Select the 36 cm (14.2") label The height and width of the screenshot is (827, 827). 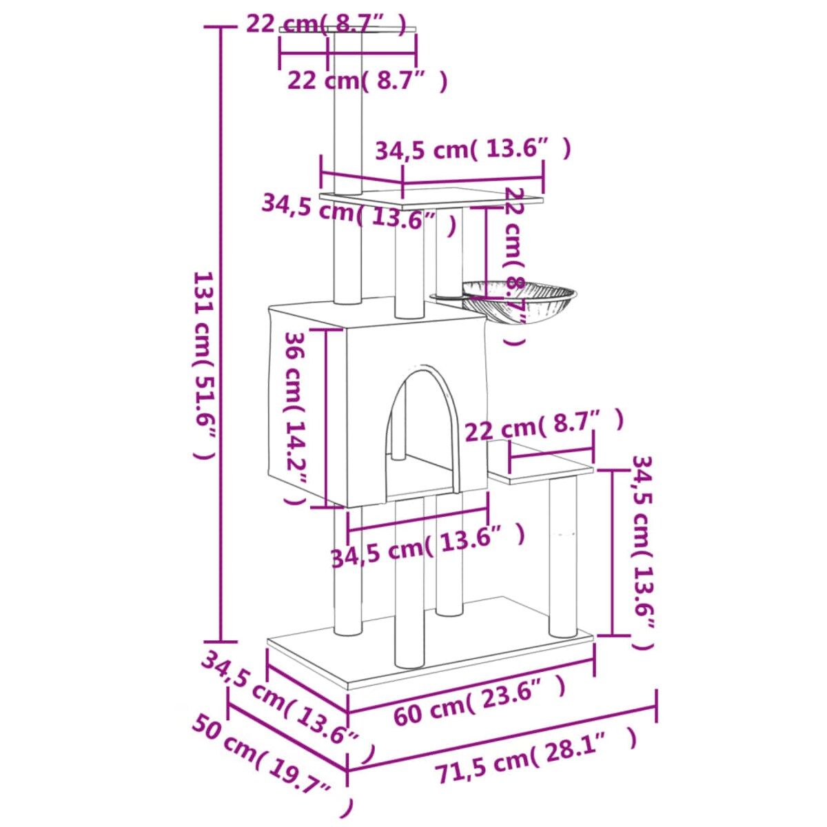pyautogui.click(x=295, y=418)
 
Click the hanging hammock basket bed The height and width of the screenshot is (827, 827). pyautogui.click(x=518, y=298)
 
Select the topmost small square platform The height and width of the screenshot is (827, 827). pyautogui.click(x=348, y=30)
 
